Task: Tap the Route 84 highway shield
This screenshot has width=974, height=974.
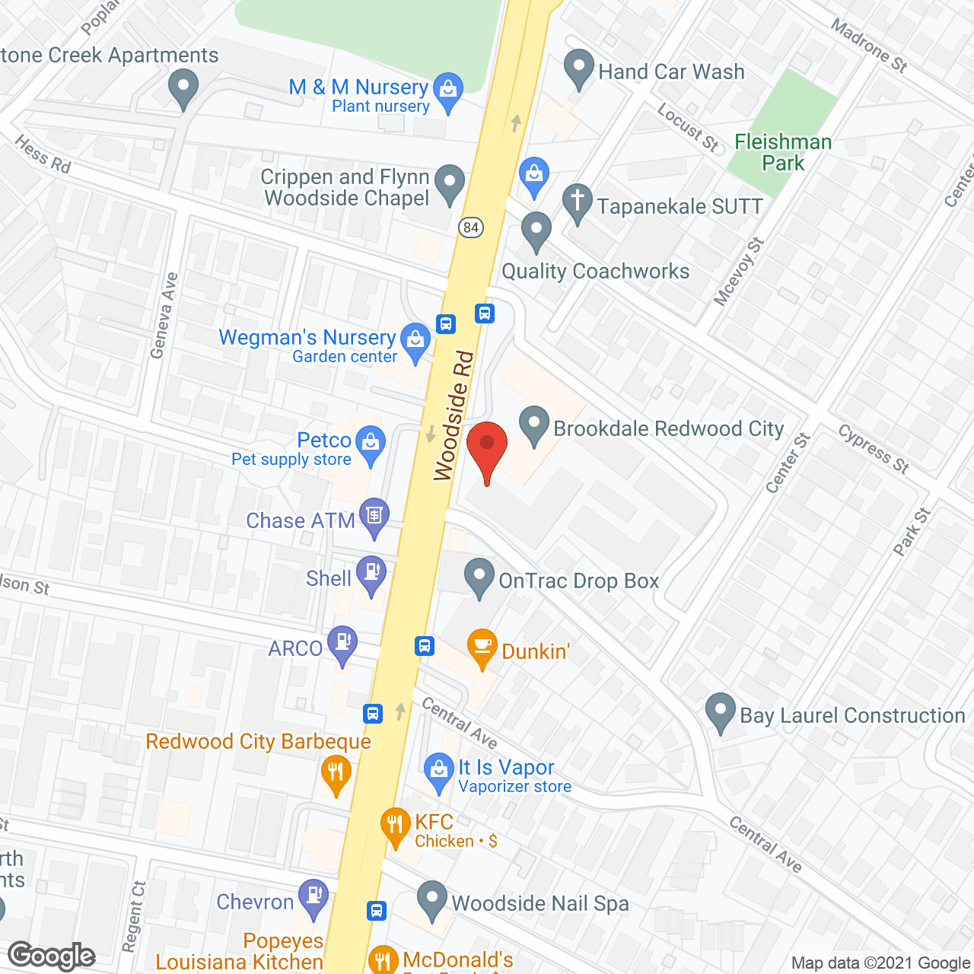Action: (x=472, y=227)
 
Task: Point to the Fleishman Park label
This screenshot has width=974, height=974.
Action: (x=783, y=153)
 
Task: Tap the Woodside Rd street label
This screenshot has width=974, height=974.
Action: (x=454, y=416)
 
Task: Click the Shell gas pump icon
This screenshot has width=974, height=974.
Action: (x=372, y=575)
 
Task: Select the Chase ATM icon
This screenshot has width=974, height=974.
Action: (x=374, y=516)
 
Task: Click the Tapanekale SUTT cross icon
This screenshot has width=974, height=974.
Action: (x=578, y=202)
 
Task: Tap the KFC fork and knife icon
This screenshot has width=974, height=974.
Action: (x=395, y=826)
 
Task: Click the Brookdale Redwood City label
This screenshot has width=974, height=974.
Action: (x=668, y=428)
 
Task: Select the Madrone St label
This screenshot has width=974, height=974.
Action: (x=869, y=46)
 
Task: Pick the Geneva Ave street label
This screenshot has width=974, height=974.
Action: (x=164, y=315)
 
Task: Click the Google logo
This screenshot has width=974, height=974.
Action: (x=52, y=956)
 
